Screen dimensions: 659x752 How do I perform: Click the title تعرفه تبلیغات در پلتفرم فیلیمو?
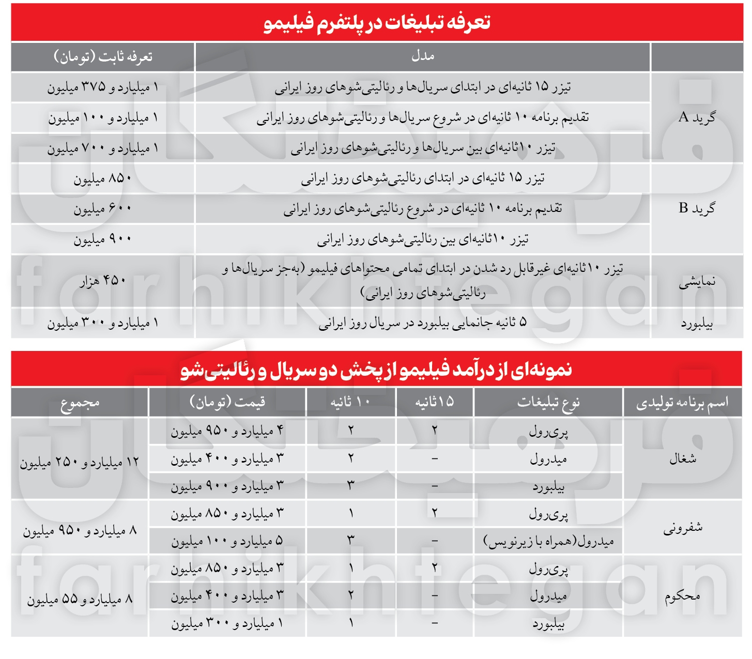(377, 23)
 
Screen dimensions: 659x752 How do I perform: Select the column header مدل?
(422, 56)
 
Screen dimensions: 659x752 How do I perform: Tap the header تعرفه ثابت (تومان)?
(103, 56)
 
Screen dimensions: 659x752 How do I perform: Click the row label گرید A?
(697, 117)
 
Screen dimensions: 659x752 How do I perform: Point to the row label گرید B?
(697, 208)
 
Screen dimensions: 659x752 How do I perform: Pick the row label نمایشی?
(697, 282)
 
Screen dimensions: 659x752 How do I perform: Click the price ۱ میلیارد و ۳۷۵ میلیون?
(103, 87)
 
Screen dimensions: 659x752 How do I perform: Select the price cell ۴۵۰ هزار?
(103, 281)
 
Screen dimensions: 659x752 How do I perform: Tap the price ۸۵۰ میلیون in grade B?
(103, 179)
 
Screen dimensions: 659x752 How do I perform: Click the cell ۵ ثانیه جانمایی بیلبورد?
(422, 323)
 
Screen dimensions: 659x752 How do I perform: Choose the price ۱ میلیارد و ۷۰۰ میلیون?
(103, 148)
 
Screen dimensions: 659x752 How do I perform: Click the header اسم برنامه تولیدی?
(682, 402)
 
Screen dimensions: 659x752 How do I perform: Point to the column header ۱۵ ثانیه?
(434, 402)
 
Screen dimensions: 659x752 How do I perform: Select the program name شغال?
(682, 458)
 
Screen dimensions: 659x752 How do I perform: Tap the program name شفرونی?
(682, 528)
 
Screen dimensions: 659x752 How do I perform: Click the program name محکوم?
(682, 596)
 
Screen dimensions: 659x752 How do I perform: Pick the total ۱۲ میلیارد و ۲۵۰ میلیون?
(80, 462)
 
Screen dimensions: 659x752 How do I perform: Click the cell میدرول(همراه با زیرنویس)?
(548, 541)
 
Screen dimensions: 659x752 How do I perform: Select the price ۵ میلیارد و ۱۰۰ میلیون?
(227, 541)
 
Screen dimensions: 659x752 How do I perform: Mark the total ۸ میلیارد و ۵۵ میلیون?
(80, 599)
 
